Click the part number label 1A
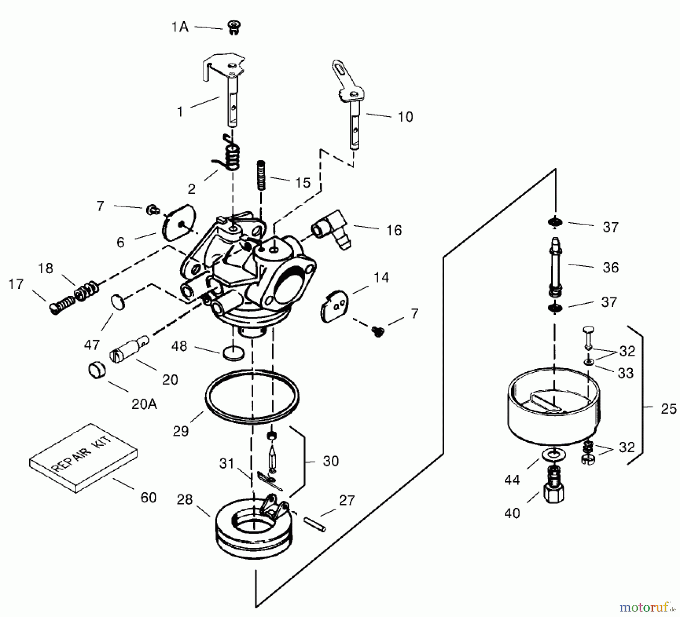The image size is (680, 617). tap(180, 27)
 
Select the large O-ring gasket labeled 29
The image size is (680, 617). tap(252, 396)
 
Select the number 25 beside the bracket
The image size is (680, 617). tap(668, 409)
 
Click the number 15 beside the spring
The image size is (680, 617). tap(303, 183)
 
